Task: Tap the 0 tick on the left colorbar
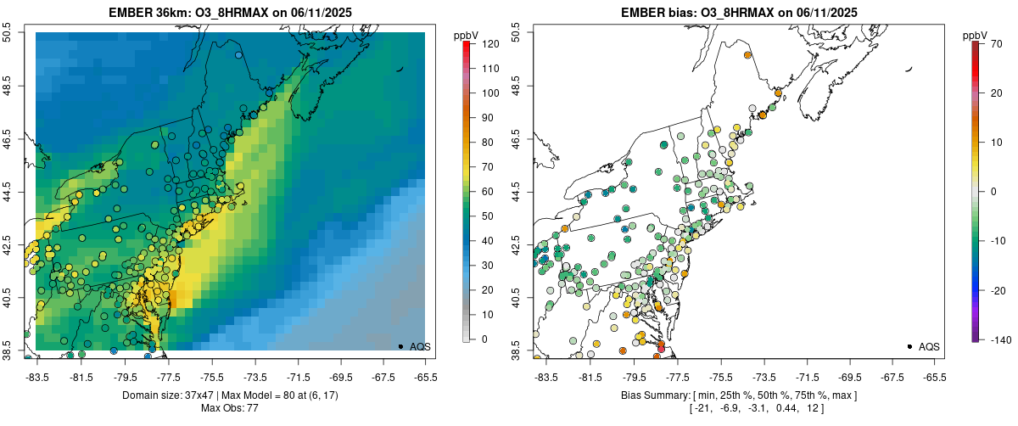481,339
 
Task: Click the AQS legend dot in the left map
400,346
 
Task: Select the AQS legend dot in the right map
909,346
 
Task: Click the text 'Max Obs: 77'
229,408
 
